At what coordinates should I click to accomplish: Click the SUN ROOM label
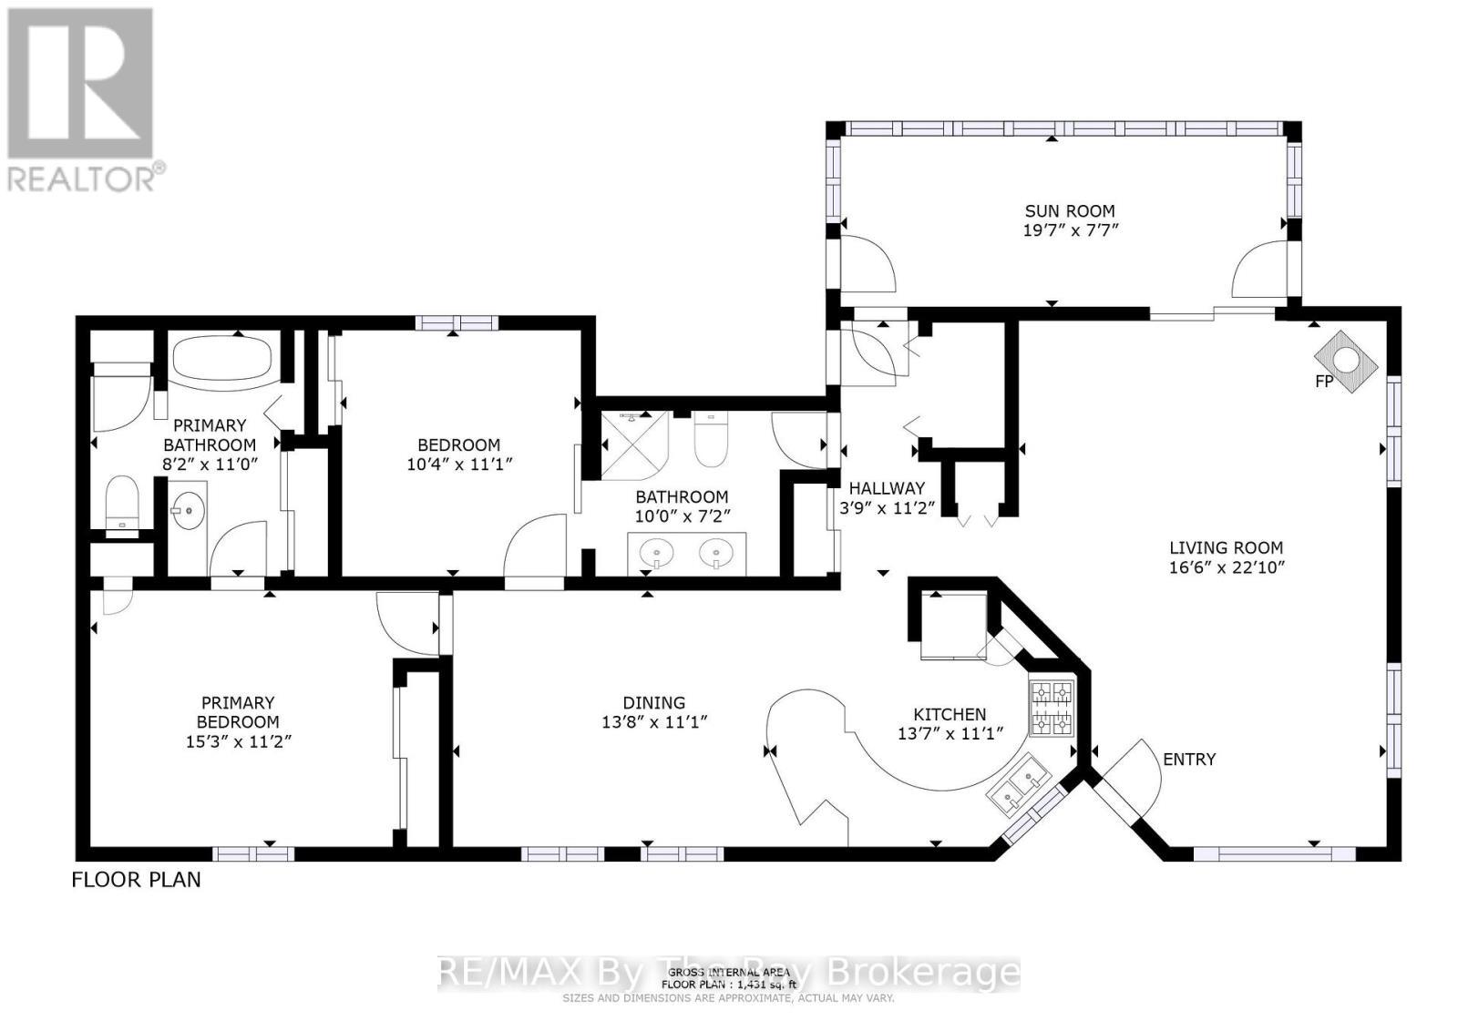[1069, 210]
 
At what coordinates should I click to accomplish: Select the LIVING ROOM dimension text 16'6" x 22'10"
[1226, 567]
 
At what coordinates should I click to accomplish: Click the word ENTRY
[1189, 759]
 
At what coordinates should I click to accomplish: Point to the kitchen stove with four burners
[1051, 709]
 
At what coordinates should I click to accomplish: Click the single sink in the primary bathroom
[189, 510]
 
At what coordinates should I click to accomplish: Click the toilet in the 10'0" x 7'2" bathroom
[710, 441]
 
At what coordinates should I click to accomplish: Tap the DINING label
[653, 702]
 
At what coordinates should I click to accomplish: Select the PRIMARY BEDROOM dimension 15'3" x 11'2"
[238, 740]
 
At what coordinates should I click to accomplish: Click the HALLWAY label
[887, 488]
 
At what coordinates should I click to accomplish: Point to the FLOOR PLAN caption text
[137, 880]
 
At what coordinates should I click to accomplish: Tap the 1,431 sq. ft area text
[729, 985]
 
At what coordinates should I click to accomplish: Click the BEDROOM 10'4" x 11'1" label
[458, 454]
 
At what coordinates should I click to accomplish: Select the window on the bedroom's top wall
[457, 322]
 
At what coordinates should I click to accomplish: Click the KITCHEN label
[950, 714]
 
